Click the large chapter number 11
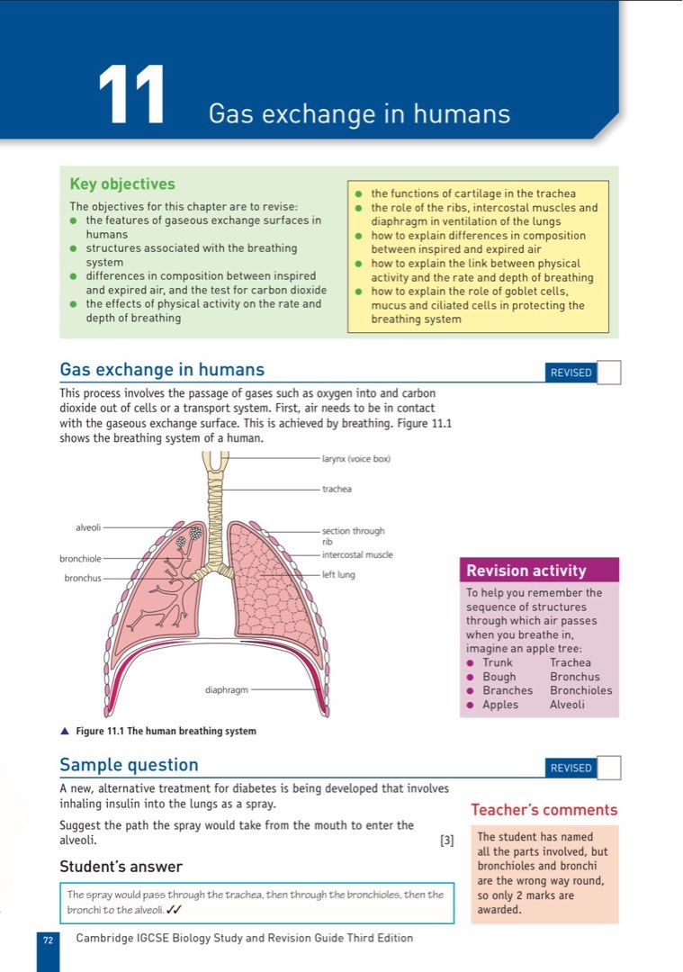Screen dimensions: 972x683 132,94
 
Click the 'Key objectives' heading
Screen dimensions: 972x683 122,184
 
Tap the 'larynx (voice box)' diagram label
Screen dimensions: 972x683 356,459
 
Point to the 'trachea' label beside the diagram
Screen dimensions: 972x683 337,490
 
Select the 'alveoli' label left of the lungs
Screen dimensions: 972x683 87,527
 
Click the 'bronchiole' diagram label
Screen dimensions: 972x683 80,559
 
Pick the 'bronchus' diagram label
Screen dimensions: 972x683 83,578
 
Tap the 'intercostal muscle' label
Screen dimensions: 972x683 357,554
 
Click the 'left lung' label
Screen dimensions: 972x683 338,574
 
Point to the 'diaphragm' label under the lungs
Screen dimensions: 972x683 226,691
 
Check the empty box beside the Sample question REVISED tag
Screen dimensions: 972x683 609,768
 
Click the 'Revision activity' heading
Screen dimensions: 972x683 526,571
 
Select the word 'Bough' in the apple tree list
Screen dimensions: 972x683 499,677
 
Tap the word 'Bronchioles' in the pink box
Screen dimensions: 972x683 580,690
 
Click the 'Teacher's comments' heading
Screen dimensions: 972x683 544,810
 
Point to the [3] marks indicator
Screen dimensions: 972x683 447,841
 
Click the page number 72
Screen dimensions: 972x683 48,940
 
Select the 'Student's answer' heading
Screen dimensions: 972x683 121,867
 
